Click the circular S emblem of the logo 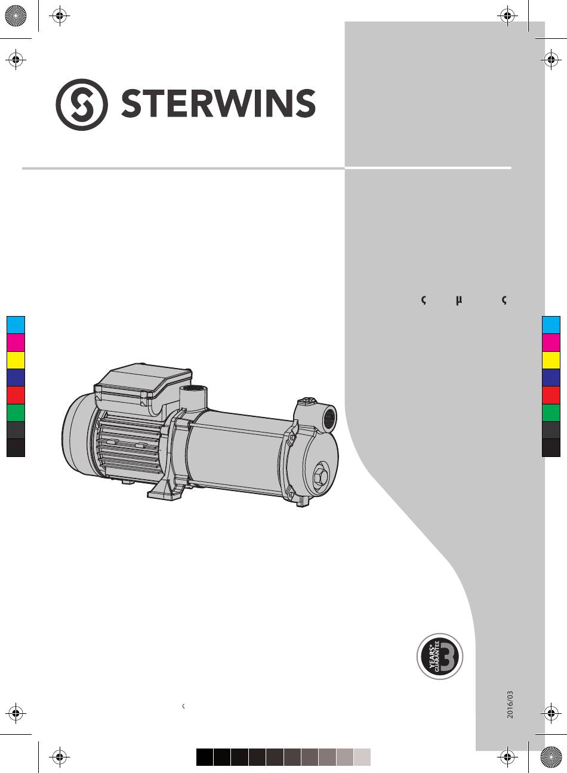82,105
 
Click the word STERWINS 218,103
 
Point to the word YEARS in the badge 433,654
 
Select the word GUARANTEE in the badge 437,657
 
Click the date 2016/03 510,704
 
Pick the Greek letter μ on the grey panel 459,300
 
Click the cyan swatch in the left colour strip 16,325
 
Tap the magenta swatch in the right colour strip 551,342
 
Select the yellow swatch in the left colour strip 16,360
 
